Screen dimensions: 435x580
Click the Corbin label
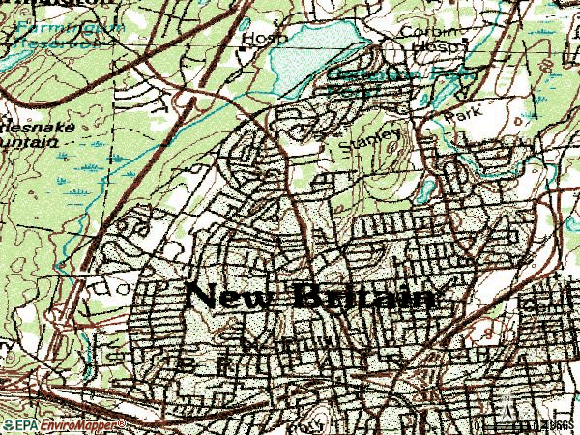coord(422,30)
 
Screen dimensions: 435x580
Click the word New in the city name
coord(229,295)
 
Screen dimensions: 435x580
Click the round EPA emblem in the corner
coord(7,424)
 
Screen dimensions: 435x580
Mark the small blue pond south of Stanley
coord(426,187)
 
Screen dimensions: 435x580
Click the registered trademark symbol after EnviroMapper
coord(123,422)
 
